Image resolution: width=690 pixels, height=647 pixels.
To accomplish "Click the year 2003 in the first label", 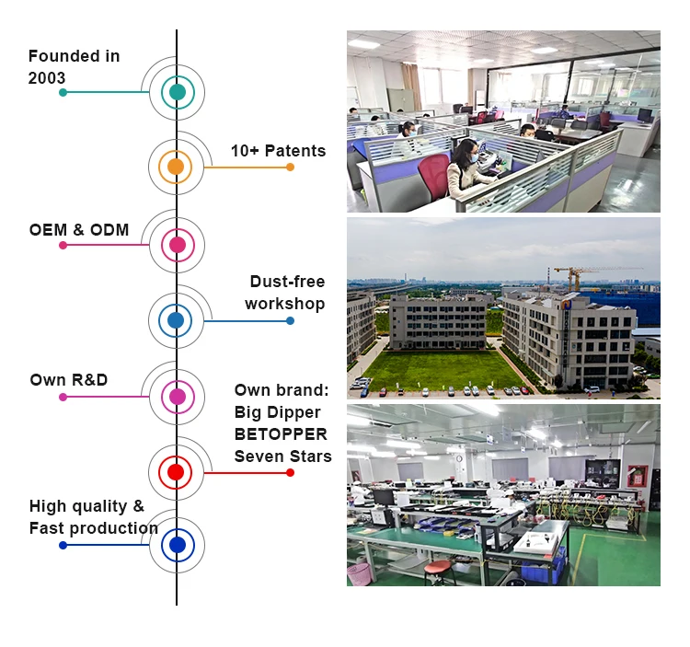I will (47, 78).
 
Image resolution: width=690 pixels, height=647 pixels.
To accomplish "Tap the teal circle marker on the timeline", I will (177, 92).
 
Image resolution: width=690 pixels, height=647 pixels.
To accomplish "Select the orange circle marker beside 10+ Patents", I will (176, 168).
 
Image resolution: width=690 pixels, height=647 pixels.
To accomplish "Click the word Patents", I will (295, 151).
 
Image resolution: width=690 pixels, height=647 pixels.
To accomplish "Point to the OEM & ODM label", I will (79, 229).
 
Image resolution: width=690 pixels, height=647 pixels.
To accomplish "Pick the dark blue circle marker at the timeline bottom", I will (177, 546).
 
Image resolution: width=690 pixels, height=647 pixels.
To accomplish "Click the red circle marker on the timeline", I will (176, 472).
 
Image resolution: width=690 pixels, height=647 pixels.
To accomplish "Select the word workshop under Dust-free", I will (284, 304).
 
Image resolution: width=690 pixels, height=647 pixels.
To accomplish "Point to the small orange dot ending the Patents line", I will (290, 168).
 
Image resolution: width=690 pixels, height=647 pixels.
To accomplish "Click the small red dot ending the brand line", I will (290, 472).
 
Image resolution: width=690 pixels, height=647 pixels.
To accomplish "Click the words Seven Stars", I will (282, 456).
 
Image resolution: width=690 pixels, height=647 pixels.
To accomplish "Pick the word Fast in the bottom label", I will (46, 528).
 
